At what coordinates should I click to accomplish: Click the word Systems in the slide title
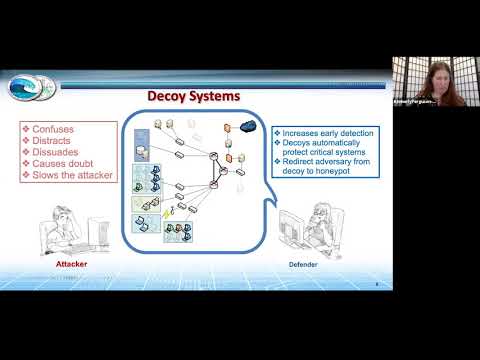pyautogui.click(x=216, y=97)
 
